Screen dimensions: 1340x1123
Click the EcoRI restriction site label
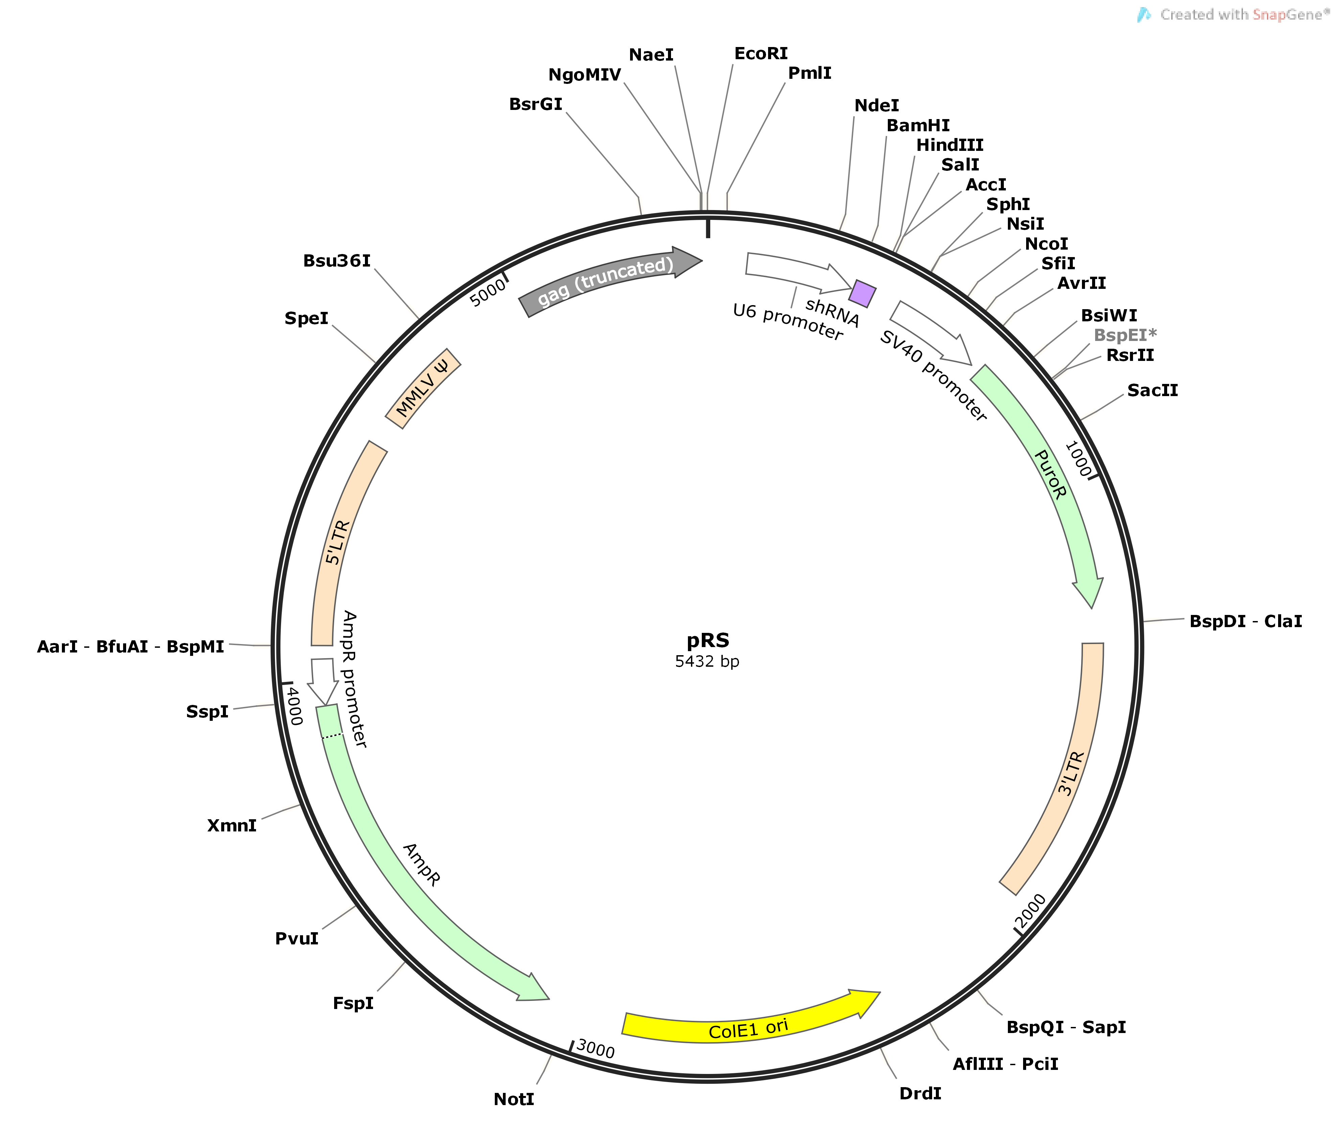pyautogui.click(x=761, y=53)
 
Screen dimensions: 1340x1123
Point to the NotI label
pyautogui.click(x=514, y=1099)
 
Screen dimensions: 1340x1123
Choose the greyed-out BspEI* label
pyautogui.click(x=1125, y=335)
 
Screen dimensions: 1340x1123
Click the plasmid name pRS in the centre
pyautogui.click(x=708, y=640)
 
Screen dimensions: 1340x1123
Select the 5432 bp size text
pyautogui.click(x=707, y=662)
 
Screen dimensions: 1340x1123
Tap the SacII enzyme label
pyautogui.click(x=1152, y=390)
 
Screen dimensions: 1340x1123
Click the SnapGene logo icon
pyautogui.click(x=1144, y=15)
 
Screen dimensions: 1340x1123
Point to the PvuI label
pyautogui.click(x=297, y=939)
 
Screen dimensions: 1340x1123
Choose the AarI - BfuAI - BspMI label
pyautogui.click(x=131, y=647)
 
